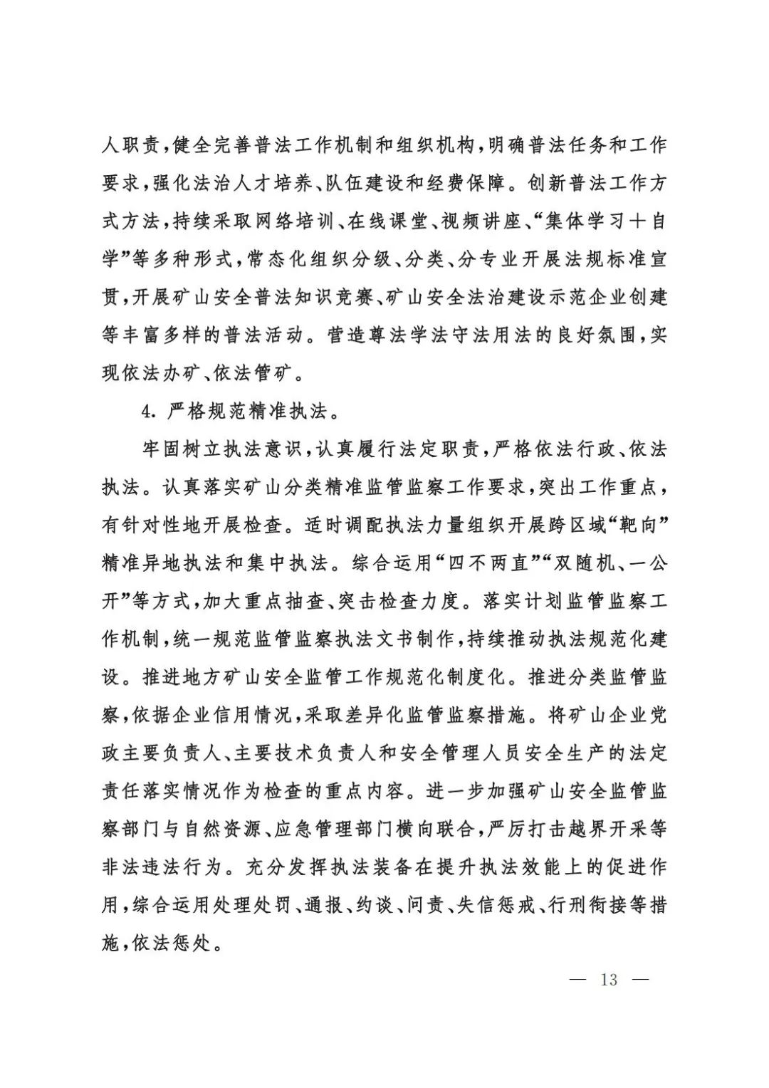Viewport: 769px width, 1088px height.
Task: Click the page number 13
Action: [609, 979]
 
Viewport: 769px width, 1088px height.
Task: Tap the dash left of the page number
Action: [578, 979]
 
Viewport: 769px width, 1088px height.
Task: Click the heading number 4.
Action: [148, 411]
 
